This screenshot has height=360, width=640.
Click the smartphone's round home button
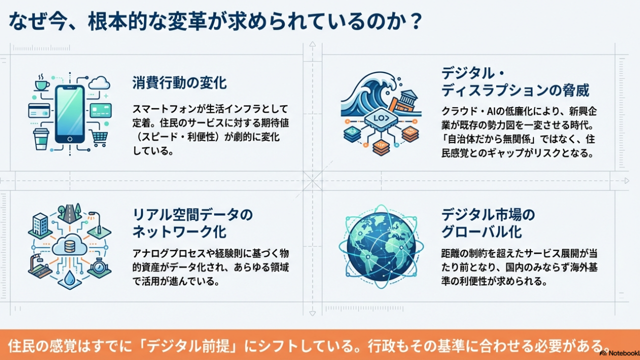pos(70,139)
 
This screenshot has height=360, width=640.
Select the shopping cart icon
pos(99,138)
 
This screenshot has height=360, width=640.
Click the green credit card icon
pos(100,110)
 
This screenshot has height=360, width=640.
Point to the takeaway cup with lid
pos(41,139)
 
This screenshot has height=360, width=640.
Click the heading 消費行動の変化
pos(179,83)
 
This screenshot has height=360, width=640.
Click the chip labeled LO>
pos(381,118)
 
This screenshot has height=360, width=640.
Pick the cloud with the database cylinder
pos(69,245)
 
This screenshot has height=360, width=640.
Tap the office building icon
pos(40,224)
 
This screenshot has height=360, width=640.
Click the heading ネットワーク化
pos(179,231)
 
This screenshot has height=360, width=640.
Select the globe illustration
pos(381,247)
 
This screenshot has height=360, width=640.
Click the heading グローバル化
pos(481,231)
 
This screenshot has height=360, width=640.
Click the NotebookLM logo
pos(619,353)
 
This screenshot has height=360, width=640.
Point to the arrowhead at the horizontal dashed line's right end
pos(627,181)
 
